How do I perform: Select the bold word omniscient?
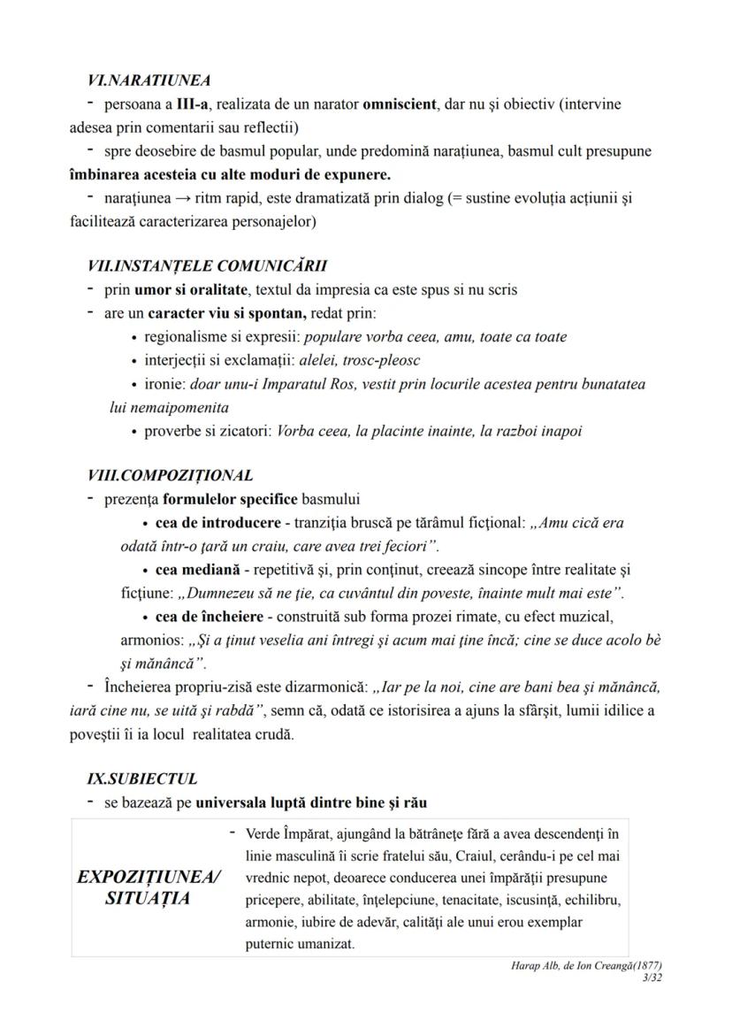400,104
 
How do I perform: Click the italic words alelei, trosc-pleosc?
360,361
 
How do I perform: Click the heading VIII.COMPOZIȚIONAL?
170,475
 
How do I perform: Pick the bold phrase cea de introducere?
205,523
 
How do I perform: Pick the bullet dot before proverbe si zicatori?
133,433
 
